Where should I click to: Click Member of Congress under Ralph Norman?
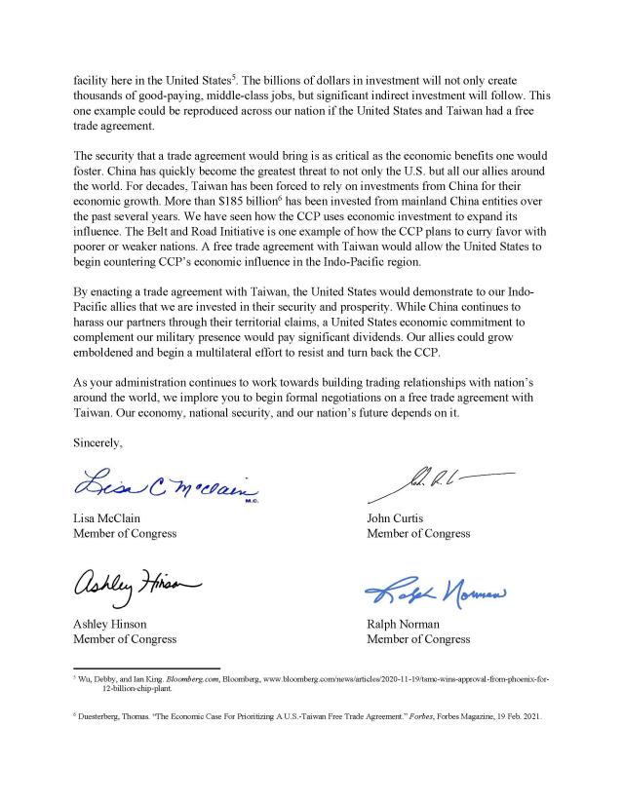click(417, 639)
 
